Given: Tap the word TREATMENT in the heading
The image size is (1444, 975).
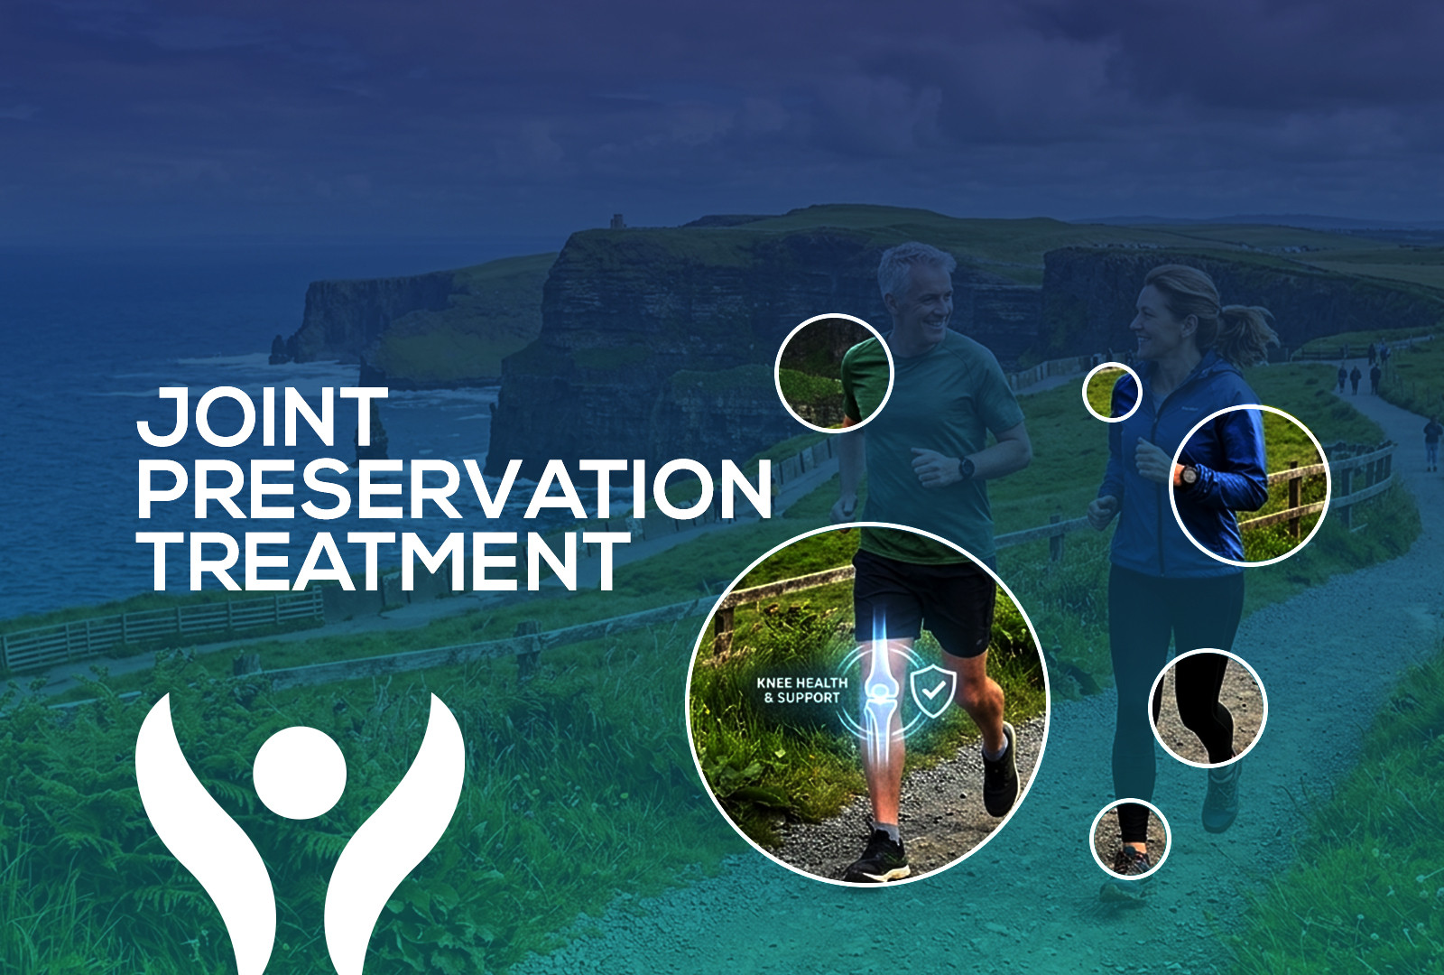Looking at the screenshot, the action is point(383,561).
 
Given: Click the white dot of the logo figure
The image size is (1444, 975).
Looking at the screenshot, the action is point(300,773).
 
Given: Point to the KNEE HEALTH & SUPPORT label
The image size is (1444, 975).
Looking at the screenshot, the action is point(802,690).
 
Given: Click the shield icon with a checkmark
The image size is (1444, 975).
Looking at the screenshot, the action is point(932,692).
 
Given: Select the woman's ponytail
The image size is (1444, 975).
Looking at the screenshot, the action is point(1247,332).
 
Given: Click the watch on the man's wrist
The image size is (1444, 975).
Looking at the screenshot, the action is point(966,467).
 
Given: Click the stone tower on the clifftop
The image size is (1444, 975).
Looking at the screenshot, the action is point(617,220).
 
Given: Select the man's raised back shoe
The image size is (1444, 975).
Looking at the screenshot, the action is point(1000,771).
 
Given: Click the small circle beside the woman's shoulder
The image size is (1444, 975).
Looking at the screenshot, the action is point(1112,392).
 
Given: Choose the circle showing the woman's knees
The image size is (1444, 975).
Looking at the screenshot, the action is point(1208,708).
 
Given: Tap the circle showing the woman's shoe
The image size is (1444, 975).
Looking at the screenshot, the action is point(1130,839).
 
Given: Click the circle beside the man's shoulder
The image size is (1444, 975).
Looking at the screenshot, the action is point(834,373).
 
